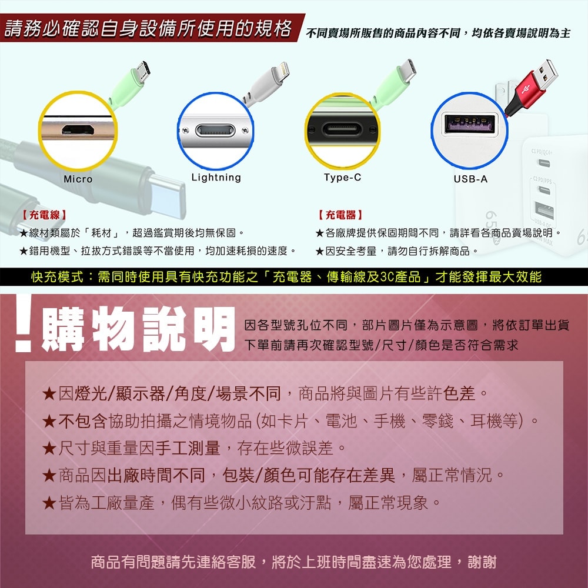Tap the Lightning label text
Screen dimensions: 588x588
coord(216,177)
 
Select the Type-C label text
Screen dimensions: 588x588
coord(342,177)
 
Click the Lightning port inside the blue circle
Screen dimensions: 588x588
coord(215,129)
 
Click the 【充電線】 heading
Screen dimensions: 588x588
coord(44,215)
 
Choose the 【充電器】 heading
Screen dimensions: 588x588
coord(340,215)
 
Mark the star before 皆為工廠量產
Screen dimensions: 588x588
coord(49,503)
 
